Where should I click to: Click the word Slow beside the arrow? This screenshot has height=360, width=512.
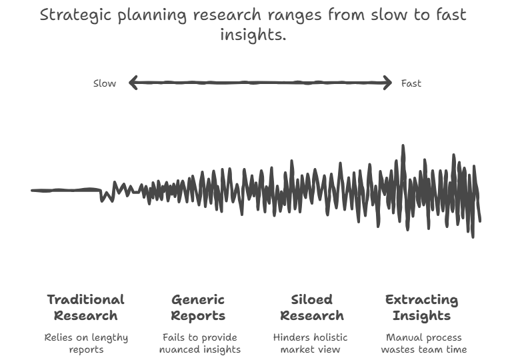(104, 83)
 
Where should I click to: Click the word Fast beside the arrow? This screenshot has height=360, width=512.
(411, 83)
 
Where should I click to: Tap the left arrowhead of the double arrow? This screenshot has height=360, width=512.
(132, 83)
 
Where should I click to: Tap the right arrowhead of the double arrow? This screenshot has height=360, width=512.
(388, 83)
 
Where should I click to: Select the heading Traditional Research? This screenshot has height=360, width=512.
(85, 307)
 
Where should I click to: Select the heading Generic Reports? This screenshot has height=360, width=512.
(198, 307)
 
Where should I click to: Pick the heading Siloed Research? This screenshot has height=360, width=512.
(311, 307)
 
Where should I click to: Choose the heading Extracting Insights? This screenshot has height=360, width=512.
(422, 307)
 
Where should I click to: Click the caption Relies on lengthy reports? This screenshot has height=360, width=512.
(86, 343)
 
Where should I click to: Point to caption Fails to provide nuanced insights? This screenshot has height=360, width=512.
(201, 343)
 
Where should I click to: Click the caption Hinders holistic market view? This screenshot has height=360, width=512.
(311, 343)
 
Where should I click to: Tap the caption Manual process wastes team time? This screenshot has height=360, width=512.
(423, 343)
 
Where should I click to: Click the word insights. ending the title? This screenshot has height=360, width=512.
(253, 35)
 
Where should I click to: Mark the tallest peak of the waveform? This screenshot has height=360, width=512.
(403, 147)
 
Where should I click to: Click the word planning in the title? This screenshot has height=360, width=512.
(151, 15)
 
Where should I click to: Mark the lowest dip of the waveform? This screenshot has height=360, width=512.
(473, 236)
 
